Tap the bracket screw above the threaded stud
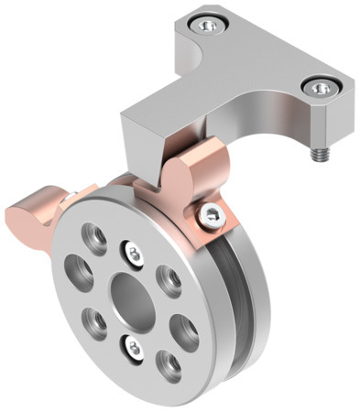click(x=321, y=88)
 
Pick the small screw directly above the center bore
click(x=132, y=250)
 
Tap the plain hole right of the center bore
click(x=168, y=276)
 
